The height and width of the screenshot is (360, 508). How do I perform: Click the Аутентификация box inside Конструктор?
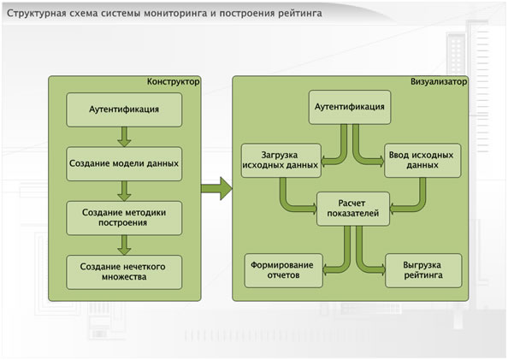point(124,109)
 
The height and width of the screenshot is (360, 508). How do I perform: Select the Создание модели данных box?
point(124,163)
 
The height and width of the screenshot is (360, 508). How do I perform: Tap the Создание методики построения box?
point(124,218)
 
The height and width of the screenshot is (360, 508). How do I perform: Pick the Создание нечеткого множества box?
point(124,272)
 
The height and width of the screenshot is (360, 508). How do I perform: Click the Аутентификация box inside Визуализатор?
point(350,107)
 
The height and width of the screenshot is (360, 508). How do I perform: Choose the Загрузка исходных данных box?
point(281,161)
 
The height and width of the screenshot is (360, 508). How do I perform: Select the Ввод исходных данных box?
point(422,161)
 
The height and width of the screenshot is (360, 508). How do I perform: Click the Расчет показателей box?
point(353,209)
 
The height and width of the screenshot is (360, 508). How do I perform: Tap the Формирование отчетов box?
point(283,270)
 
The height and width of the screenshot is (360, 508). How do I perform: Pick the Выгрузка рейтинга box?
point(423,270)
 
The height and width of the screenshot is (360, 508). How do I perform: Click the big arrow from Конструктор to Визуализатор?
point(216,188)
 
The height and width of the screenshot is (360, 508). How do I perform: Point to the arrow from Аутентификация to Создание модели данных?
point(124,137)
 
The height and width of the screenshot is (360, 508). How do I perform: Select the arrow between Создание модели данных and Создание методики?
point(124,191)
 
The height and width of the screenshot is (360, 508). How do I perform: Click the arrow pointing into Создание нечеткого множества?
point(124,245)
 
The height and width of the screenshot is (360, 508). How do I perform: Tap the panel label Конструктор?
point(174,81)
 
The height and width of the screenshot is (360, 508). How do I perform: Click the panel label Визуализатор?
point(439,81)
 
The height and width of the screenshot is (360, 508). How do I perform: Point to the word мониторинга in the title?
point(180,14)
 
